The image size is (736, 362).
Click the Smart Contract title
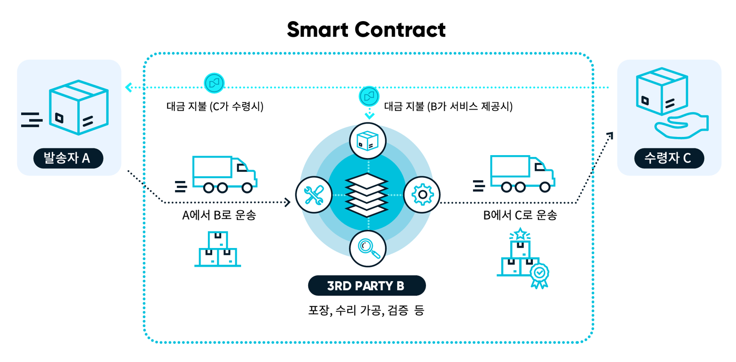point(366,30)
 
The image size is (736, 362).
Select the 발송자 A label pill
point(68,158)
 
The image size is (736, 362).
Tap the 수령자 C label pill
point(668,158)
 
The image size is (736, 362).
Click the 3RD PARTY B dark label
point(367,286)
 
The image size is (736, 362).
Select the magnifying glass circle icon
point(368,248)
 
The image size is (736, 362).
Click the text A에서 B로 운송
point(219,215)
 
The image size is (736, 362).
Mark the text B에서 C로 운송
point(520,215)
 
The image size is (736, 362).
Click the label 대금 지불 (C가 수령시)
point(215,106)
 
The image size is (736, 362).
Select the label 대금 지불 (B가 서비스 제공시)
point(448,106)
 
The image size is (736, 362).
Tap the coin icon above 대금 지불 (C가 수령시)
point(214,83)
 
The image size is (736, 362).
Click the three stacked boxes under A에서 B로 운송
point(218,249)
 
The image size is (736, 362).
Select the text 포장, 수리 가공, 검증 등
point(366,310)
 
